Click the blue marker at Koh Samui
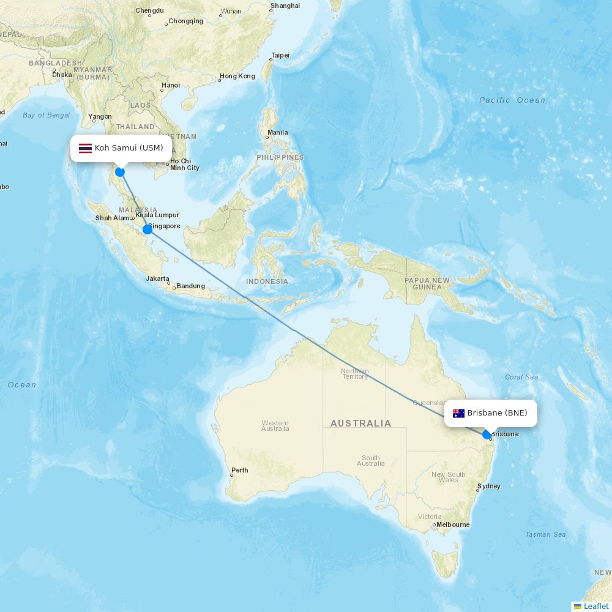(120, 172)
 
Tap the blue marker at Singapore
(147, 229)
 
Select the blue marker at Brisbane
(487, 435)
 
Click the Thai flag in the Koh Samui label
(85, 148)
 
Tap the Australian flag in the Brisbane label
(458, 413)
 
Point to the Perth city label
(239, 471)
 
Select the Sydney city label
(488, 487)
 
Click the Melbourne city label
(453, 524)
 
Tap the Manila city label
(277, 132)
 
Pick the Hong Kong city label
(237, 76)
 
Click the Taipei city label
(280, 55)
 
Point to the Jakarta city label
(157, 278)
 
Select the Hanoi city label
(170, 86)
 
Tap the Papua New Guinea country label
(427, 283)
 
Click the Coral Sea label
(521, 377)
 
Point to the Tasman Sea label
(545, 534)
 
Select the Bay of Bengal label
(46, 115)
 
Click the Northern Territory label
(355, 374)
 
